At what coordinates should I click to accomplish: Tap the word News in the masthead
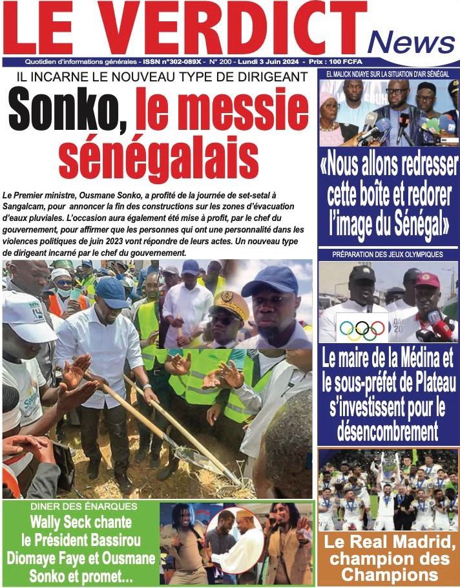pyautogui.click(x=411, y=42)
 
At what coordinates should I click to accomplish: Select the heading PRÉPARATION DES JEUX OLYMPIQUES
pyautogui.click(x=388, y=255)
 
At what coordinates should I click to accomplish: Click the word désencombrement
pyautogui.click(x=388, y=431)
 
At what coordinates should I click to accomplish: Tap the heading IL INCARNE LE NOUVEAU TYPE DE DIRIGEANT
pyautogui.click(x=158, y=77)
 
